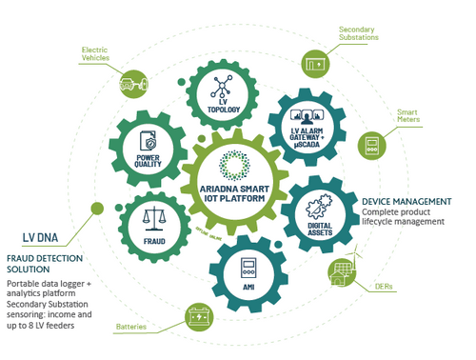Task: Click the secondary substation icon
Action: click(314, 64)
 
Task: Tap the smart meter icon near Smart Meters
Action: click(369, 146)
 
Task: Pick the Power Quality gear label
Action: click(152, 163)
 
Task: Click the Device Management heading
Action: click(407, 202)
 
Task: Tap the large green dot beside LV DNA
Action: click(96, 209)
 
